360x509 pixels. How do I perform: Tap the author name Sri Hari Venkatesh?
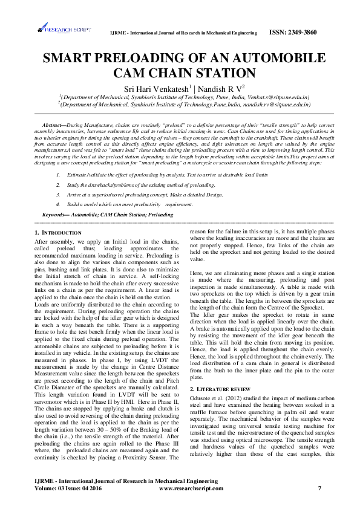153,89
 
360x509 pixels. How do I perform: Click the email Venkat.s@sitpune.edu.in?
278,97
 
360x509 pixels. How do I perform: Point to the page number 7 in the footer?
319,487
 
